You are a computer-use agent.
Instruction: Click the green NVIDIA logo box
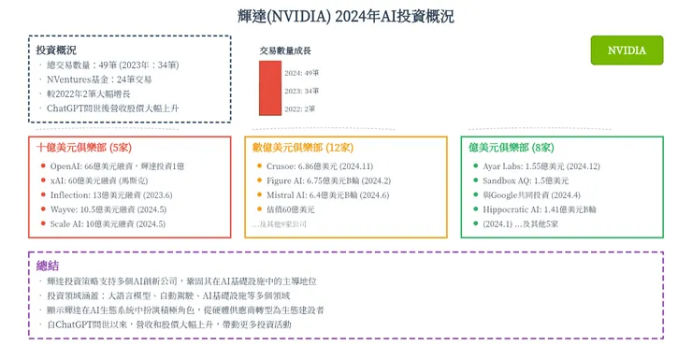(x=627, y=50)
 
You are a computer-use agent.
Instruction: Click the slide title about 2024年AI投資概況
(x=345, y=16)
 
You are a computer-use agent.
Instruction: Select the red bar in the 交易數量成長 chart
(x=269, y=89)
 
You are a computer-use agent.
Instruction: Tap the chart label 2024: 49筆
(x=302, y=72)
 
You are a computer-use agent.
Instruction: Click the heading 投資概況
(x=56, y=49)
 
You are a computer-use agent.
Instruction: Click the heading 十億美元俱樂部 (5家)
(x=82, y=148)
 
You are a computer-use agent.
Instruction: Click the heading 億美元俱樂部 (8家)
(x=512, y=148)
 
